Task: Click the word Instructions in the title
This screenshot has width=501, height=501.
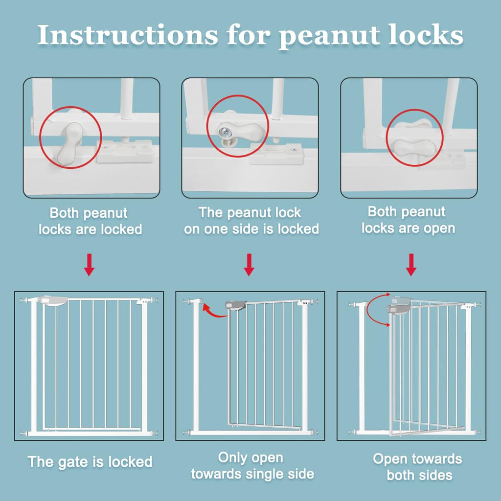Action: pos(127,35)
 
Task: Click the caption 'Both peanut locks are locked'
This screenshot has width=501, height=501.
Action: pos(90,221)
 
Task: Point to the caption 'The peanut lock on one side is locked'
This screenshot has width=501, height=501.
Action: pos(251,221)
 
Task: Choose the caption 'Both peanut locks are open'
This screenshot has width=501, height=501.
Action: pos(408,220)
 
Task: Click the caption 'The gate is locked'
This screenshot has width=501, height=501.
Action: pos(90,461)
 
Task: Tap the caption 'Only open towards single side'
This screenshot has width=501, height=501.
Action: pos(252,465)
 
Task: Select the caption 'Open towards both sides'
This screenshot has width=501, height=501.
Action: pos(417,466)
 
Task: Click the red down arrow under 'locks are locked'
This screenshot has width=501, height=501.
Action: pos(89,265)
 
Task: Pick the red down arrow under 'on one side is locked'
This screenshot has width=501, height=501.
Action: pos(249,265)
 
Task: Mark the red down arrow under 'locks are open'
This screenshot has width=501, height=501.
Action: pos(411,265)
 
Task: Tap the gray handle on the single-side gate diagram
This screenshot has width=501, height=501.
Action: pos(235,305)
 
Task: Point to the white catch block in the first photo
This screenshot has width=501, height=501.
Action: pos(125,151)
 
